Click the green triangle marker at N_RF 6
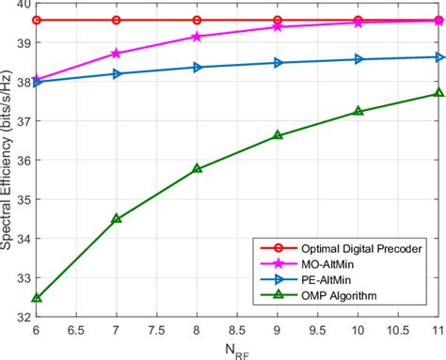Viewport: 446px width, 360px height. tap(36, 298)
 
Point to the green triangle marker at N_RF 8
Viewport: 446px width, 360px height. tap(197, 169)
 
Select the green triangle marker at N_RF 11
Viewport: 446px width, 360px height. tap(438, 92)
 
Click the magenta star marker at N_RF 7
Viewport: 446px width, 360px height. tap(116, 54)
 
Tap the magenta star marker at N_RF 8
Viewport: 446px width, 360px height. tap(197, 37)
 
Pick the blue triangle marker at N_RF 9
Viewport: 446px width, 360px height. tap(278, 63)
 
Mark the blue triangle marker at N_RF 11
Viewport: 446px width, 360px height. tap(438, 57)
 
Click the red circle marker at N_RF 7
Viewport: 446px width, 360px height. tap(116, 20)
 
